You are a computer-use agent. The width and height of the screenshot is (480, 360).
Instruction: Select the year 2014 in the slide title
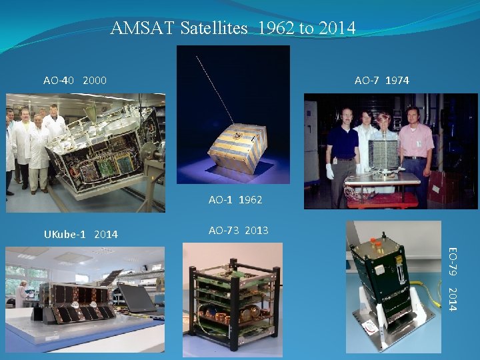(337, 29)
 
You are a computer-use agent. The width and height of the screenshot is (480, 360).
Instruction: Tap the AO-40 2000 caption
(75, 81)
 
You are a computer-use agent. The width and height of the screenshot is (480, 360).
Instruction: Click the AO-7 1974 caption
(382, 81)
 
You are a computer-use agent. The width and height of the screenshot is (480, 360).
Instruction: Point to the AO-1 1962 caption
(235, 199)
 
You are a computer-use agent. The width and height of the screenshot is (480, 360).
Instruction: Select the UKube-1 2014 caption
(81, 234)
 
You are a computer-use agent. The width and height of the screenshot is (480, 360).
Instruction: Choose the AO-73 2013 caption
(238, 231)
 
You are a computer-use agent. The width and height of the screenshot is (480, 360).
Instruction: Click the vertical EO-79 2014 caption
(452, 279)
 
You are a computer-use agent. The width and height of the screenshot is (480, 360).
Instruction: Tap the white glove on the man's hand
(329, 171)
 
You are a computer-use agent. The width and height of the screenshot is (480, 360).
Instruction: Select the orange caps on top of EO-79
(375, 244)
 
